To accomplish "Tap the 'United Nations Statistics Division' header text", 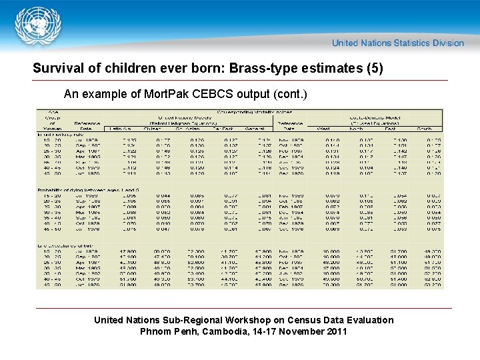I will click(398, 43).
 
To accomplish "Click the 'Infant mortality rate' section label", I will click(60, 134).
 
